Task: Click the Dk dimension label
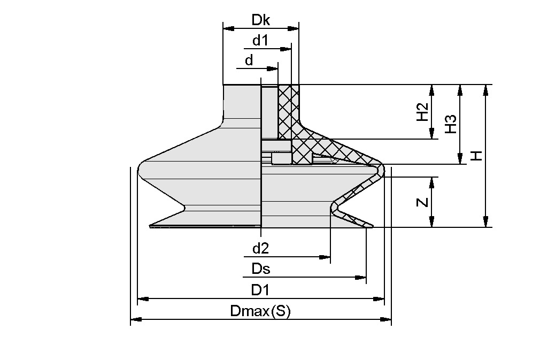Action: click(x=261, y=20)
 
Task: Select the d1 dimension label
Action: click(x=260, y=41)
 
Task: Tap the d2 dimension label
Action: click(x=260, y=248)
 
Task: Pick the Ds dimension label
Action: click(x=260, y=269)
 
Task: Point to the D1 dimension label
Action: click(x=260, y=289)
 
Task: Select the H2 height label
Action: click(x=422, y=112)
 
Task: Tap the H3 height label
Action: click(x=450, y=124)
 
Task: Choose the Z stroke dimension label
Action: click(x=422, y=202)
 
